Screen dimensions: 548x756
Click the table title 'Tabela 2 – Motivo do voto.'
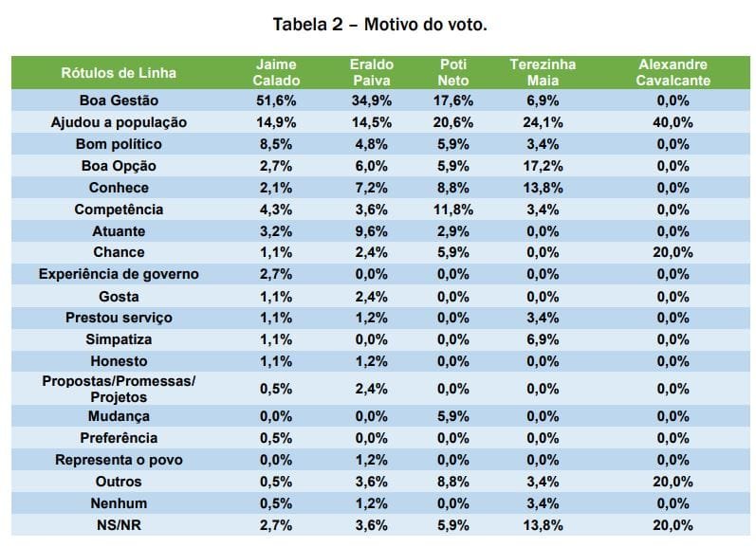[x=379, y=24]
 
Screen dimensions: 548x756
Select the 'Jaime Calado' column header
[x=276, y=72]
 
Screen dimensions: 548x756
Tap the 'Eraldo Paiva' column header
[x=372, y=72]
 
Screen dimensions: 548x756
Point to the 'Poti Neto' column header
[x=453, y=72]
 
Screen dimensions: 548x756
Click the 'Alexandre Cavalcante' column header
[x=673, y=72]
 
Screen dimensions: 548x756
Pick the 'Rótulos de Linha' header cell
[x=119, y=72]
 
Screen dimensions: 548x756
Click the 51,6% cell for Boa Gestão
[x=276, y=100]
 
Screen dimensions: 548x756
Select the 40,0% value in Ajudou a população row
[x=673, y=122]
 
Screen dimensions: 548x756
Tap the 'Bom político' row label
[x=119, y=144]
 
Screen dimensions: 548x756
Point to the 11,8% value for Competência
[x=453, y=210]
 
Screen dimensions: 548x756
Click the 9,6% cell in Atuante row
[x=372, y=231]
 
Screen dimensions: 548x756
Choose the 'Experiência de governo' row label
[x=119, y=275]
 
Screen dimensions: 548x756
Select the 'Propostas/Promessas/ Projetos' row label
[x=119, y=389]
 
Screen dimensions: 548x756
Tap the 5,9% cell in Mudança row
[x=453, y=416]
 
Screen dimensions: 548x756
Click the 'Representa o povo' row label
[x=119, y=460]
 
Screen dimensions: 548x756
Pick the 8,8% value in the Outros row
[x=453, y=482]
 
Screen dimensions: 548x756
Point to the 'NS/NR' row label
[x=119, y=525]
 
